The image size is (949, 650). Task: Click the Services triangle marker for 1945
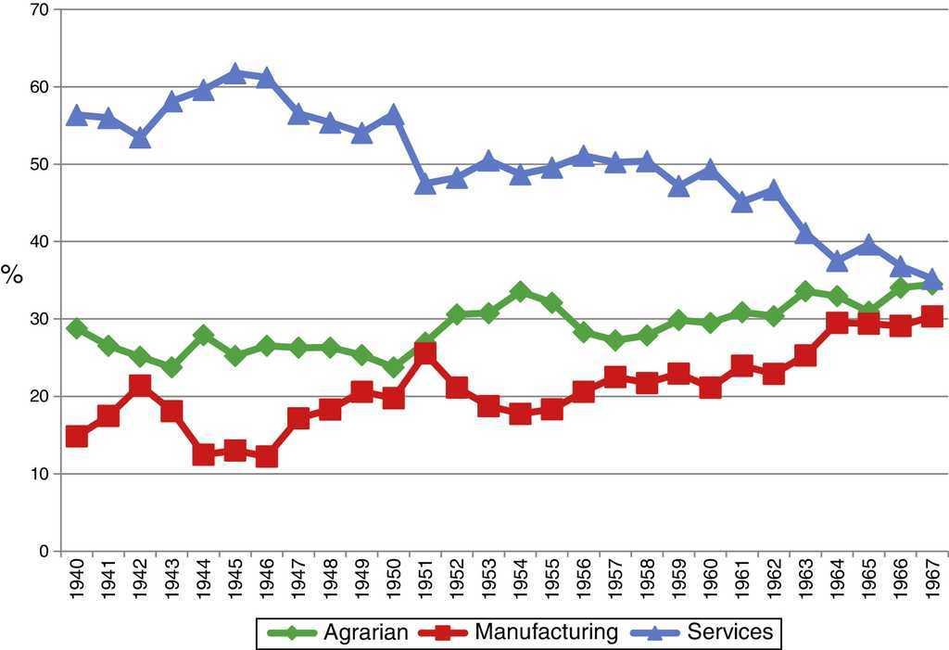pos(234,73)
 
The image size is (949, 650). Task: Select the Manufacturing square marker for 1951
pos(425,353)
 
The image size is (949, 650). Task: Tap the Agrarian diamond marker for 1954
pos(520,292)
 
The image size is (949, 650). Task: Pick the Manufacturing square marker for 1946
pos(267,456)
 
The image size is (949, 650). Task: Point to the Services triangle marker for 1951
pos(425,184)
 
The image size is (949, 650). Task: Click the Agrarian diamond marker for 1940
pos(76,328)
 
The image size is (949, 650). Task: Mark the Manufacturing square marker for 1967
pos(932,317)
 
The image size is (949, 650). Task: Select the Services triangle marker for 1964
pos(838,261)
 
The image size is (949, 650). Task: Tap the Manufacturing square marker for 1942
pos(140,385)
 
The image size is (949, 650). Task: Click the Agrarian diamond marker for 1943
pos(171,367)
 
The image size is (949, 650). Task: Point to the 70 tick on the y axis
pos(42,9)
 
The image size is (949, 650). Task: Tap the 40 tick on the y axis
pos(42,241)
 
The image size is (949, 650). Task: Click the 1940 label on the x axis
pos(77,581)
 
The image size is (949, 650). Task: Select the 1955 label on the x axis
pos(552,581)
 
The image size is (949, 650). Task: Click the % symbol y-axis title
pos(12,274)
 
